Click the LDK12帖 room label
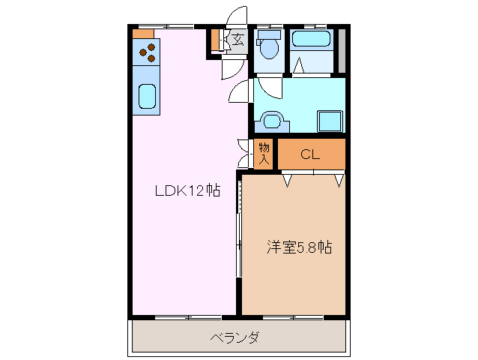pyautogui.click(x=187, y=190)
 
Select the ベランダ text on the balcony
pyautogui.click(x=235, y=337)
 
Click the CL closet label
pyautogui.click(x=311, y=155)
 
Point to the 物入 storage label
pyautogui.click(x=264, y=154)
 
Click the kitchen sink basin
pyautogui.click(x=147, y=97)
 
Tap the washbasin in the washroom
pyautogui.click(x=270, y=119)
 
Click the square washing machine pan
pyautogui.click(x=330, y=120)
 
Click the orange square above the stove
pyautogui.click(x=142, y=33)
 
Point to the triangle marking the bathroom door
pyautogui.click(x=298, y=66)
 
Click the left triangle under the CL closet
pyautogui.click(x=287, y=179)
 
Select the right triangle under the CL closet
pyautogui.click(x=339, y=179)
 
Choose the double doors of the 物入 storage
pyautogui.click(x=243, y=153)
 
